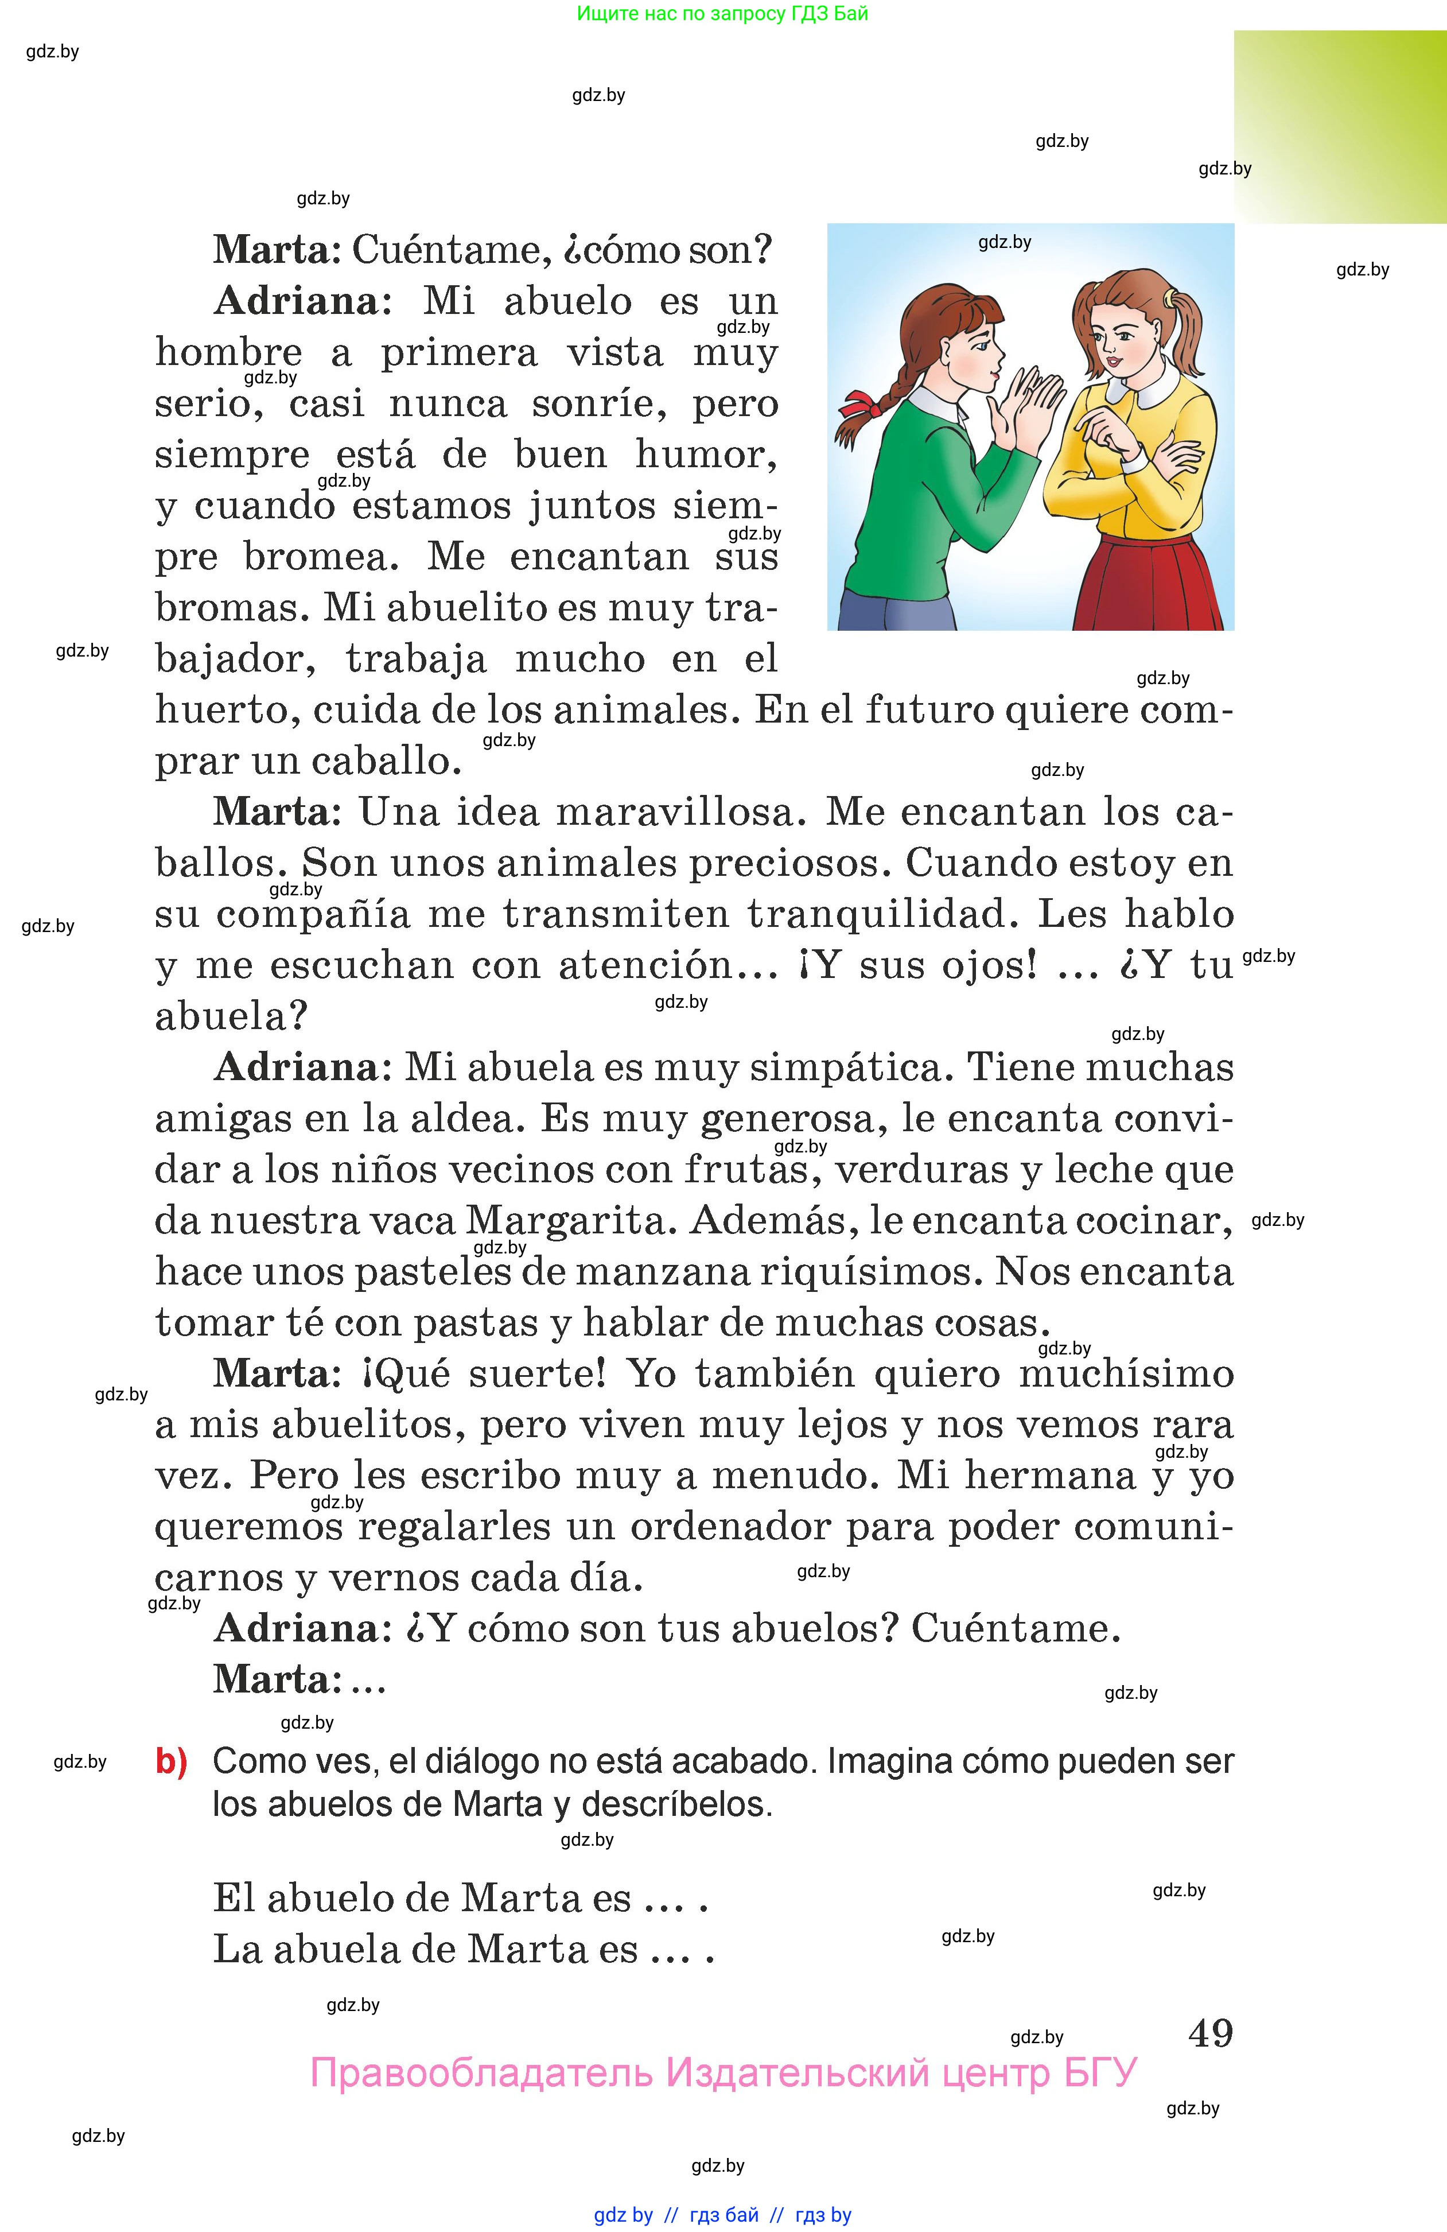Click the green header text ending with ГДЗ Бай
(x=722, y=13)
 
